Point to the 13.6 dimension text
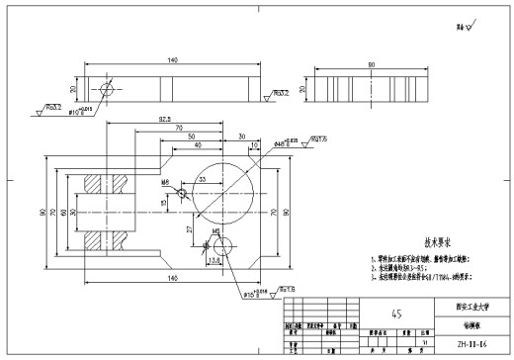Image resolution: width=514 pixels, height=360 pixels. tap(216, 261)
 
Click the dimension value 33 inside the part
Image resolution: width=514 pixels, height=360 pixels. tap(202, 180)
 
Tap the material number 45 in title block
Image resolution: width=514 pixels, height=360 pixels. tap(397, 314)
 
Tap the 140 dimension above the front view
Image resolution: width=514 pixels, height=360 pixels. tap(172, 61)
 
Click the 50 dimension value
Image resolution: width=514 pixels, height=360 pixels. tap(192, 136)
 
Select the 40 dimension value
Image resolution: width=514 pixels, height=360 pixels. tap(201, 145)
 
